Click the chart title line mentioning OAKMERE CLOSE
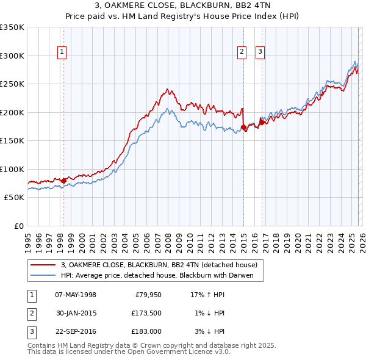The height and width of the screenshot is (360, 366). pos(183,5)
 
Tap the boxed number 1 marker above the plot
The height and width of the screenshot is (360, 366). pos(63,52)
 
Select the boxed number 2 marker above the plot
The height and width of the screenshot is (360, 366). pos(242,52)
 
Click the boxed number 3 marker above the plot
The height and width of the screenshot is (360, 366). pos(260,52)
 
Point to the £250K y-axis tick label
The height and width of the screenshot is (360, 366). pos(12,84)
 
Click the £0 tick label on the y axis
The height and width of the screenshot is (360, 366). pos(19,226)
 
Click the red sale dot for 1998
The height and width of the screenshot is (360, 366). pos(63,181)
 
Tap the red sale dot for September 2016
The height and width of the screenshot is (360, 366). pos(262,122)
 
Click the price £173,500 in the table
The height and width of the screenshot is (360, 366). pos(146,314)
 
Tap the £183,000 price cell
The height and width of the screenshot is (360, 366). pos(146,332)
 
